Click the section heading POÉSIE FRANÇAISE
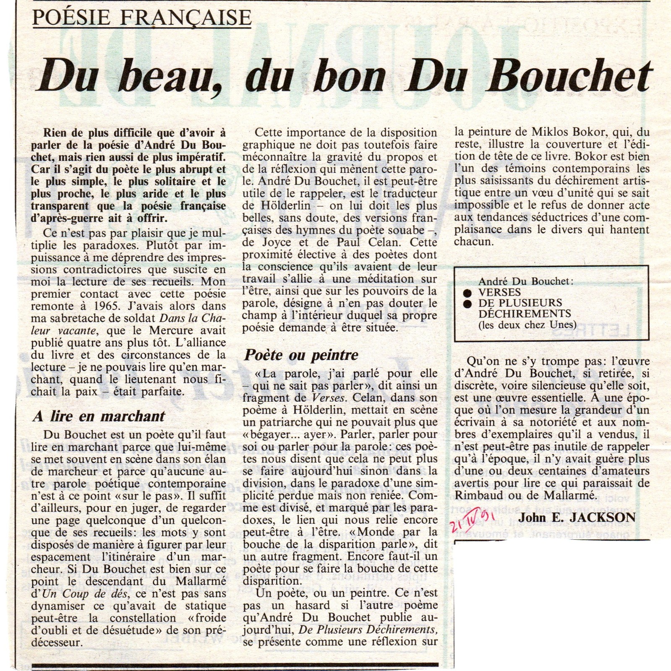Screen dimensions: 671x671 click(x=141, y=18)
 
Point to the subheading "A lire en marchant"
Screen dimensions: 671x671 click(x=99, y=416)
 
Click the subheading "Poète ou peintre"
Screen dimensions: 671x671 click(x=301, y=355)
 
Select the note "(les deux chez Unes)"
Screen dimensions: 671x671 click(x=527, y=325)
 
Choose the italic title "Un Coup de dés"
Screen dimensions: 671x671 click(x=70, y=594)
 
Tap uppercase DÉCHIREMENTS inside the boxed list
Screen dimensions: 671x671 click(x=525, y=314)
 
